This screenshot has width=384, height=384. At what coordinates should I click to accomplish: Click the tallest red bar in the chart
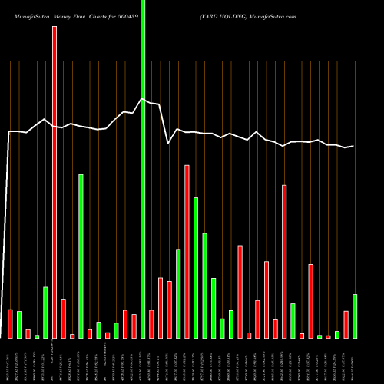pos(55,182)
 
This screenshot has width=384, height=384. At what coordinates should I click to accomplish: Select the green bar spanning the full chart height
pos(143,169)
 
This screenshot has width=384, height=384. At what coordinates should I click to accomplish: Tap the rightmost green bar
pos(354,316)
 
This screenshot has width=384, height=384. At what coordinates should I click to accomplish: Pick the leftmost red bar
pos(10,323)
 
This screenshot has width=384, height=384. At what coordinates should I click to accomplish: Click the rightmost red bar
pos(346,324)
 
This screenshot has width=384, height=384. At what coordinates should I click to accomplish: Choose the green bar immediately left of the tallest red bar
pos(45,312)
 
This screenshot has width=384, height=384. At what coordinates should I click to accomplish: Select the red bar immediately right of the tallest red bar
pos(63,318)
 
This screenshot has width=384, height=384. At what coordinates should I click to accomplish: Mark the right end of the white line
pos(353,146)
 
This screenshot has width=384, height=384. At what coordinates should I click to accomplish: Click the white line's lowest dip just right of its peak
pos(168,142)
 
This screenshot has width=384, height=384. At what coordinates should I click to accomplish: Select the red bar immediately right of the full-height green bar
pos(151,323)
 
